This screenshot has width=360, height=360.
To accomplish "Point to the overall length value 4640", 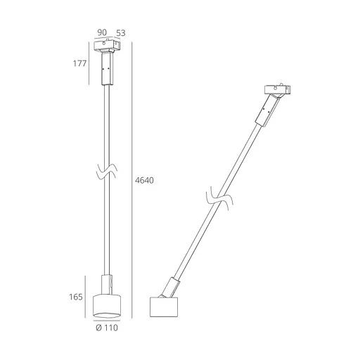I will coord(143,180).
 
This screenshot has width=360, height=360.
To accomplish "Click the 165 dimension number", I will coord(78,297).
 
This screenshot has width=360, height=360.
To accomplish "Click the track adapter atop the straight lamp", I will coord(108,48).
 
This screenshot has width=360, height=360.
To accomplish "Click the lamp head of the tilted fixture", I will coord(166,307).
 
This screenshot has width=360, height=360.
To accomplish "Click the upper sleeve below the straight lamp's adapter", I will coord(108,70).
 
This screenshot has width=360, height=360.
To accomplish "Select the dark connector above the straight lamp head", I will coord(108,284).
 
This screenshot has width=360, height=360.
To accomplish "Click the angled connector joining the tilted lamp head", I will coord(173,286).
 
